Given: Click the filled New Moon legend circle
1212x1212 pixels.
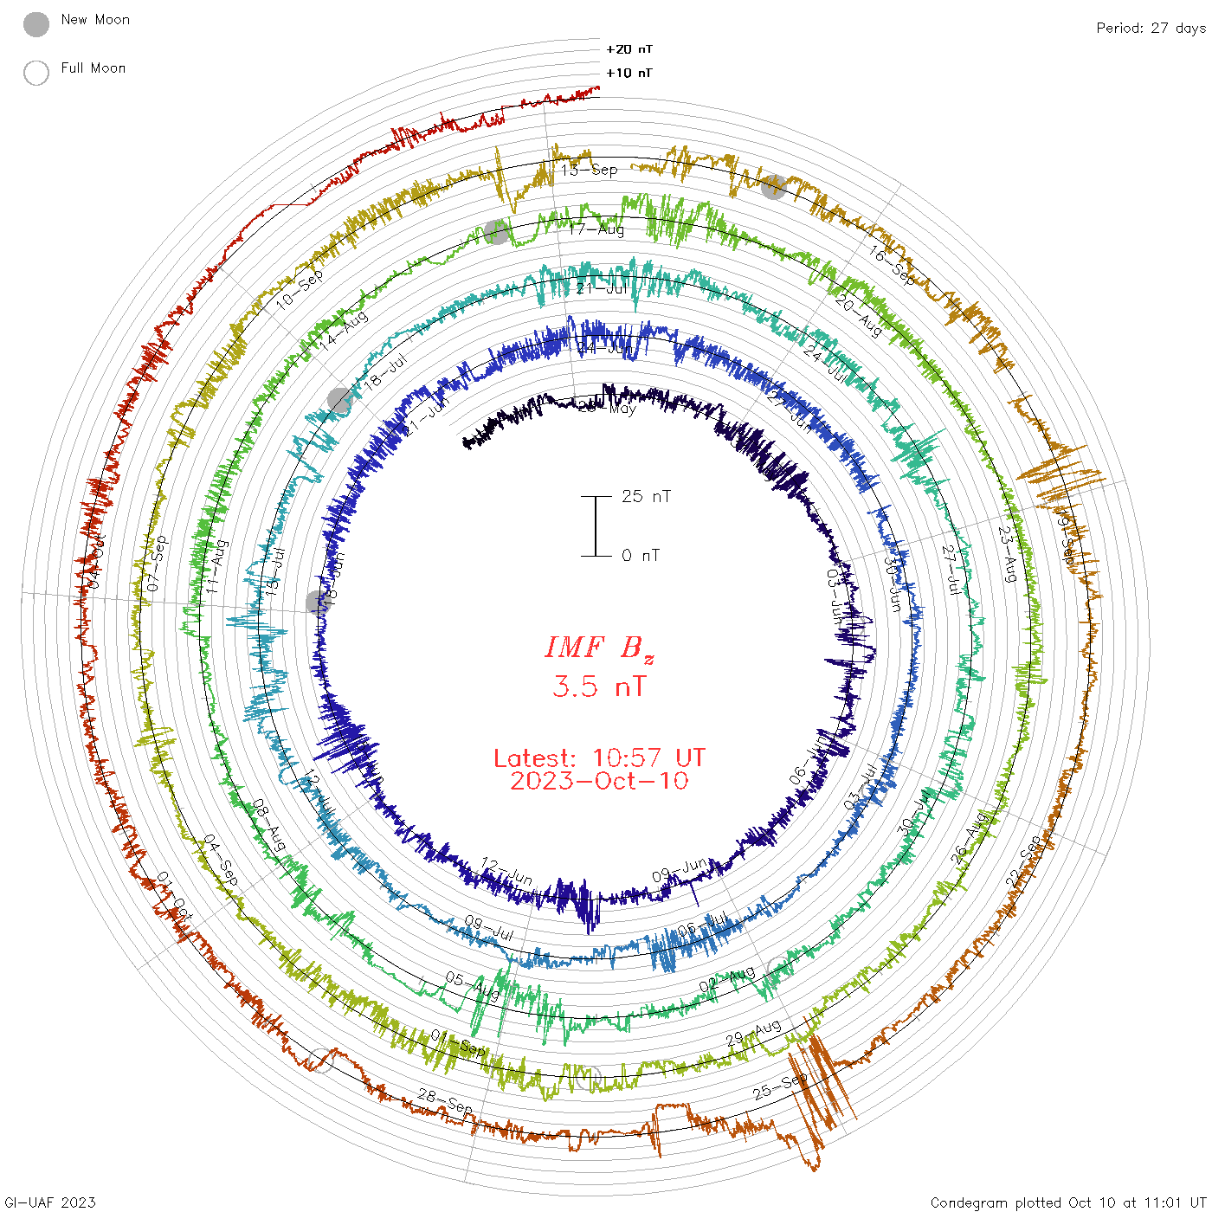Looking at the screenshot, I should pyautogui.click(x=36, y=24).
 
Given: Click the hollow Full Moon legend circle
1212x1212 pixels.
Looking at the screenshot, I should pyautogui.click(x=36, y=73).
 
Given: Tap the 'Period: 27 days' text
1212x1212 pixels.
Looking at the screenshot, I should pyautogui.click(x=1151, y=28).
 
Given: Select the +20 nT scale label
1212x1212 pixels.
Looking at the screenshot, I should pyautogui.click(x=629, y=49).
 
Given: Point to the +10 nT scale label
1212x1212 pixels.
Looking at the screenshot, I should pyautogui.click(x=629, y=73).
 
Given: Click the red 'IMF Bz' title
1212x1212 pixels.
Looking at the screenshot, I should pyautogui.click(x=599, y=648).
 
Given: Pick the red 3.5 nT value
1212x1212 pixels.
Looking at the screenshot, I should pyautogui.click(x=599, y=687).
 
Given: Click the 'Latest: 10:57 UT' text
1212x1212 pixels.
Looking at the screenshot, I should pyautogui.click(x=599, y=758).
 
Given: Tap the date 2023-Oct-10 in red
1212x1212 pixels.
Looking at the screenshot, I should pyautogui.click(x=599, y=781).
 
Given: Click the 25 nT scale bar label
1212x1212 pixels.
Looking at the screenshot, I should pyautogui.click(x=646, y=496).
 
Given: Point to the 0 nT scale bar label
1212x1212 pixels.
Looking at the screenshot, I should pyautogui.click(x=641, y=555).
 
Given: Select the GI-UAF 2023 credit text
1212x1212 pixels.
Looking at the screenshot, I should pyautogui.click(x=48, y=1202).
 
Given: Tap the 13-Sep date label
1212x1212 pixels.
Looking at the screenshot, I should pyautogui.click(x=590, y=170).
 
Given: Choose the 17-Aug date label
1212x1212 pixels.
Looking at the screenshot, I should pyautogui.click(x=596, y=229).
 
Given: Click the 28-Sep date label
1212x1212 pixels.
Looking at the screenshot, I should pyautogui.click(x=446, y=1101).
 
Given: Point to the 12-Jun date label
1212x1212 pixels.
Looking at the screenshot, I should pyautogui.click(x=507, y=871).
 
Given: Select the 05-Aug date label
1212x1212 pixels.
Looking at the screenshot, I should pyautogui.click(x=473, y=985).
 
